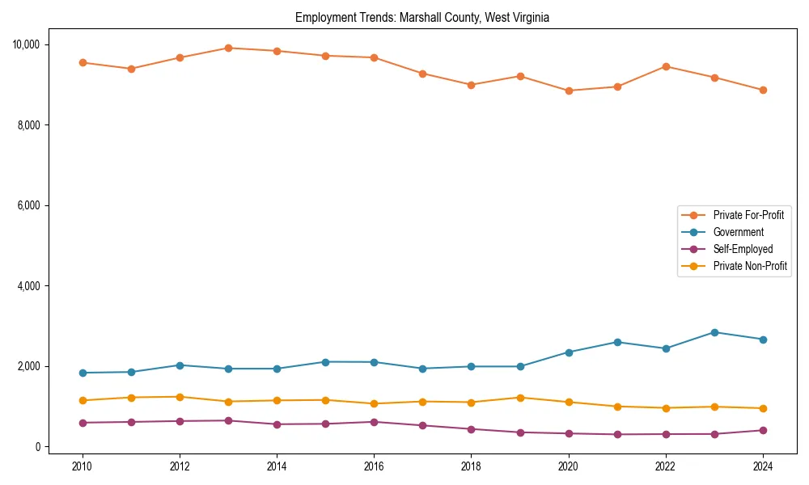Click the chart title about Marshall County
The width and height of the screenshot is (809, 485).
[422, 18]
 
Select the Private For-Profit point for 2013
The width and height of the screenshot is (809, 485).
[228, 48]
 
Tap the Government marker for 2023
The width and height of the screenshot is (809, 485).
[714, 332]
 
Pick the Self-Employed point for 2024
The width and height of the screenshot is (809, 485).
[763, 430]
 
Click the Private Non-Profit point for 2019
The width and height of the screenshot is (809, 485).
[520, 398]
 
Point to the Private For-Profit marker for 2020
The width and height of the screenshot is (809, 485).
[569, 91]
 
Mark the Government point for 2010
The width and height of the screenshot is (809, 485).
[83, 373]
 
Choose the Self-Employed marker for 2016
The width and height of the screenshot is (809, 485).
[374, 422]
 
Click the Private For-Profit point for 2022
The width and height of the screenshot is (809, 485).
[666, 66]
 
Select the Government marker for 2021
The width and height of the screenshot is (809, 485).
[617, 342]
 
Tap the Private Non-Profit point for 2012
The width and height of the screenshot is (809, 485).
[180, 397]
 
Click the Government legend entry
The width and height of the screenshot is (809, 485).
[738, 232]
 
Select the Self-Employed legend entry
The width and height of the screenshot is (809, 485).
[743, 249]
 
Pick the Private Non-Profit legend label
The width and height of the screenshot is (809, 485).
[750, 266]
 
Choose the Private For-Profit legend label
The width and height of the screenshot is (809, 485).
[748, 215]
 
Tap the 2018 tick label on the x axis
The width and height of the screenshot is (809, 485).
[472, 466]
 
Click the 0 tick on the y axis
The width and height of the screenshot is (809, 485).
[37, 447]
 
